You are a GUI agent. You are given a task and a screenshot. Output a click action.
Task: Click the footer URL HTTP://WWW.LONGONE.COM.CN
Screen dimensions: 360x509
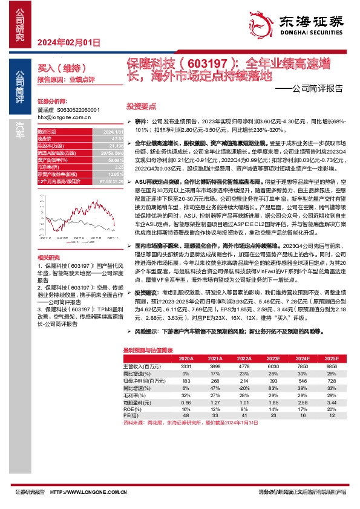[90, 491]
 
